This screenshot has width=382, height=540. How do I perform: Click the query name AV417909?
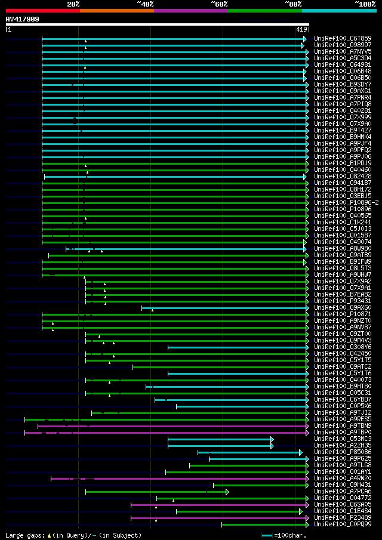point(23,19)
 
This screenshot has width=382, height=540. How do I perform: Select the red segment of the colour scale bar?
point(42,10)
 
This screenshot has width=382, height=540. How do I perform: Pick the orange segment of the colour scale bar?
point(116,10)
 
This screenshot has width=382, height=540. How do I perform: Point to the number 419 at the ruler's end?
point(301,29)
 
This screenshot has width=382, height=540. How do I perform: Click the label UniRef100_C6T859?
point(343,38)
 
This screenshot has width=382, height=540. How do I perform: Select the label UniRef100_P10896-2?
point(346,202)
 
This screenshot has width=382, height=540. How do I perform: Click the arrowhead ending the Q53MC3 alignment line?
point(272,439)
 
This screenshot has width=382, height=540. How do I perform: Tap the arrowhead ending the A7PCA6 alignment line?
point(227,491)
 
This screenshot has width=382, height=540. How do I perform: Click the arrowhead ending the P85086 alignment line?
point(301,452)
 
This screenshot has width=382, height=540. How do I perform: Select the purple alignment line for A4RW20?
point(179,478)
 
